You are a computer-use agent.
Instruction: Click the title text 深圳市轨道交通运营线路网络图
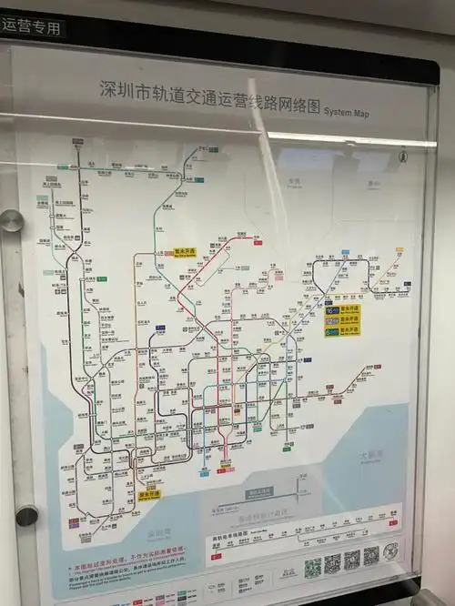click(x=210, y=92)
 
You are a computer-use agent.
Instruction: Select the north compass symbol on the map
click(x=402, y=157)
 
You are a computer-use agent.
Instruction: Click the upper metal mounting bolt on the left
click(x=11, y=221)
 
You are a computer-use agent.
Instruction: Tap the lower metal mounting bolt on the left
click(x=27, y=515)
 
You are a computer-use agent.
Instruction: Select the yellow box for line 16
click(x=342, y=309)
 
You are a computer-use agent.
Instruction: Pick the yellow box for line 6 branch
click(x=342, y=331)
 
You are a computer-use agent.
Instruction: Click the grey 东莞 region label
click(x=293, y=181)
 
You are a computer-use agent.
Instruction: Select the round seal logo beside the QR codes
click(x=390, y=551)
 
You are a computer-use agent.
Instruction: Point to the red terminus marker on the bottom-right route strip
click(x=393, y=522)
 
